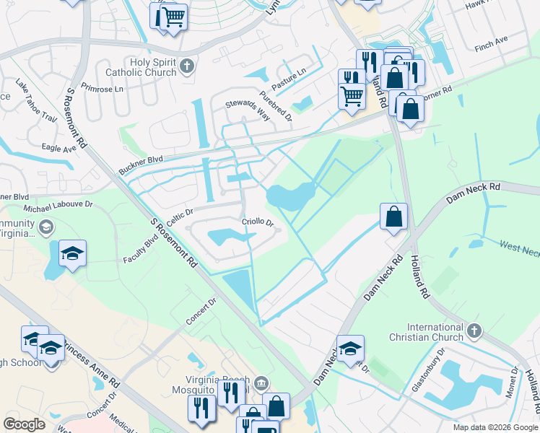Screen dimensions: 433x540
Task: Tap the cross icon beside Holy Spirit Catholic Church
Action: click(x=187, y=67)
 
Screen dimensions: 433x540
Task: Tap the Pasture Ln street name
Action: click(x=289, y=74)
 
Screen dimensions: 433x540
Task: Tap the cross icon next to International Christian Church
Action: click(x=474, y=331)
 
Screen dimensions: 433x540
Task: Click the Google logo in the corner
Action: click(x=24, y=424)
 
